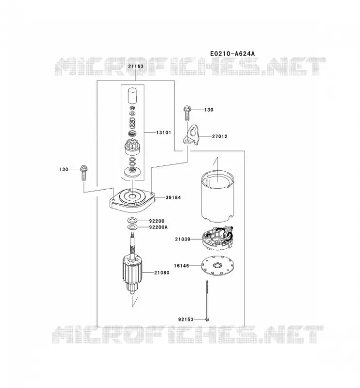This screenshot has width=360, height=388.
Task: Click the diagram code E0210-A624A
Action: click(x=232, y=53)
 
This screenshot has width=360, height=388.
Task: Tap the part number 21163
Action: click(x=136, y=66)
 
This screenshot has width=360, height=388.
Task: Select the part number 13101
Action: click(x=164, y=132)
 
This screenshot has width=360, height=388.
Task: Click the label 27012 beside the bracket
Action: click(x=219, y=136)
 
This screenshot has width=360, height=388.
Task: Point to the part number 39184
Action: click(x=173, y=197)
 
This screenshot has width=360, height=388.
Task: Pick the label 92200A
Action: click(x=158, y=227)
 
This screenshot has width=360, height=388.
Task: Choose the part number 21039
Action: click(x=183, y=239)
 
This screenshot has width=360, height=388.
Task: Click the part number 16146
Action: click(x=181, y=266)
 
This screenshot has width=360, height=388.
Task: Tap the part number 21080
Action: click(x=162, y=273)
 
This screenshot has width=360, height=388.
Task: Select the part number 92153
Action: click(x=186, y=320)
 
